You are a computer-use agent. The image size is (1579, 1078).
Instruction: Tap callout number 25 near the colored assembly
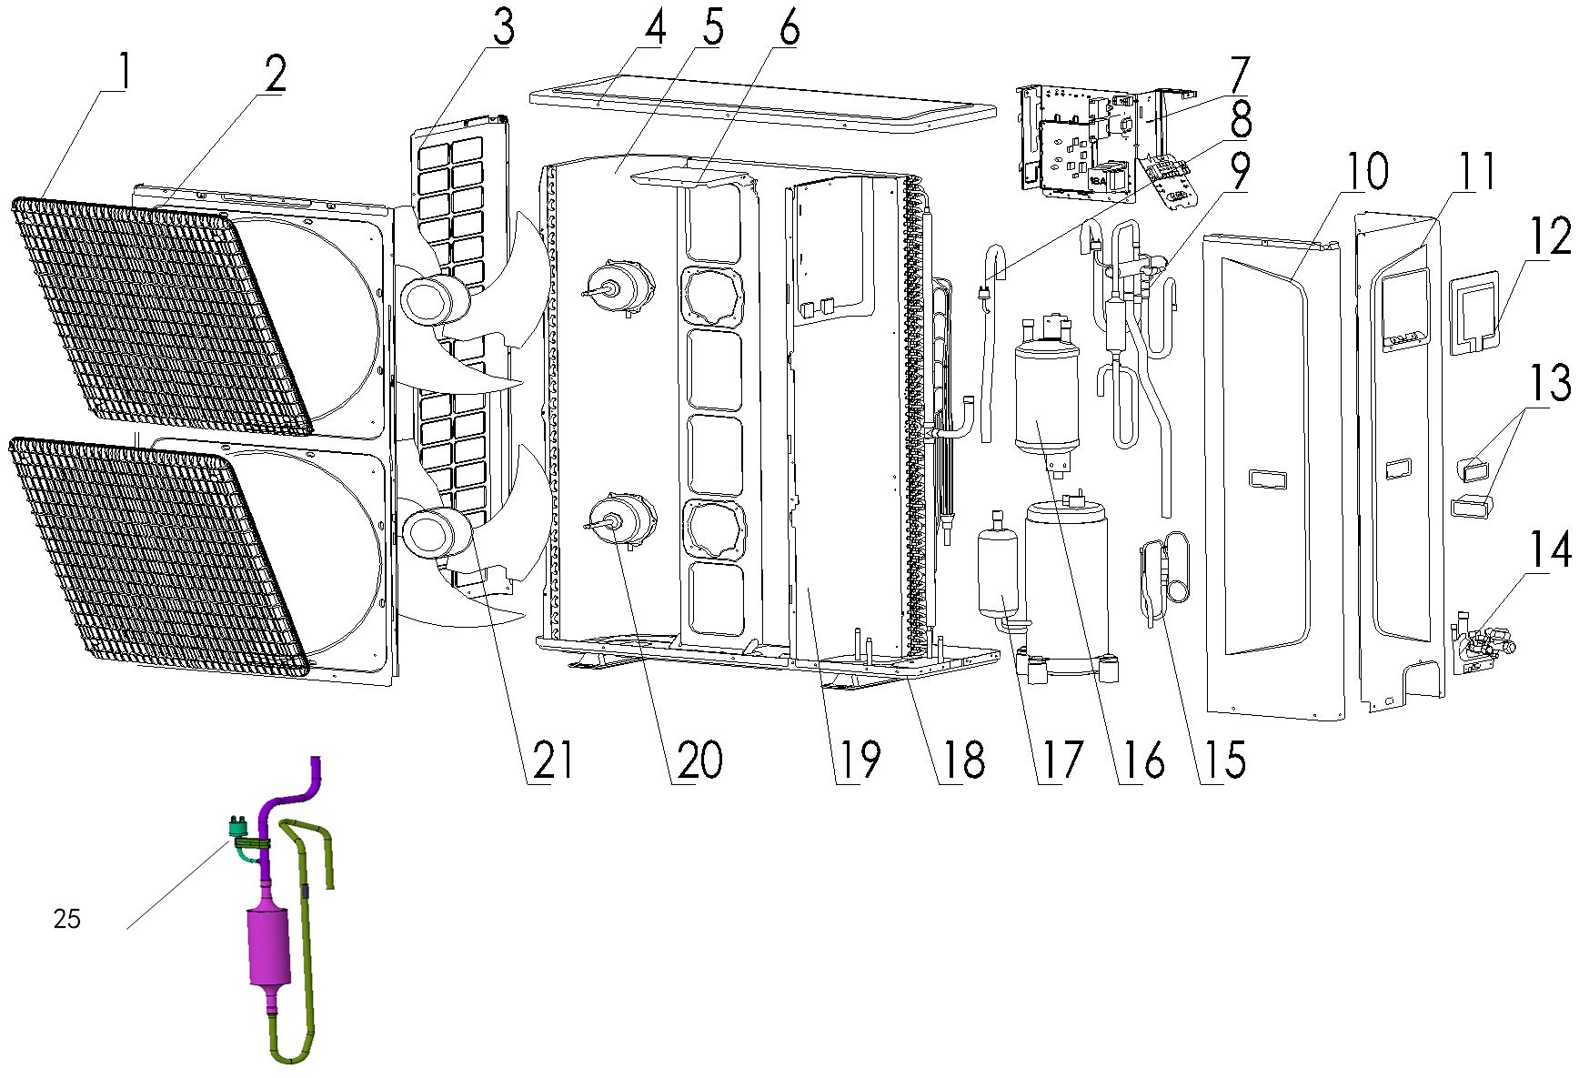(x=67, y=920)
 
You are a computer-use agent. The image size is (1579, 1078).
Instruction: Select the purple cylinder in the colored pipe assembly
(x=268, y=946)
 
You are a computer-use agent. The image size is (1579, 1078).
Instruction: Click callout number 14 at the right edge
(x=1549, y=549)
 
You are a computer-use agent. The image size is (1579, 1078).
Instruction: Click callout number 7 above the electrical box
(x=1240, y=76)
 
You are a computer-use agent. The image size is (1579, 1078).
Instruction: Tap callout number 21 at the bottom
(x=553, y=761)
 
